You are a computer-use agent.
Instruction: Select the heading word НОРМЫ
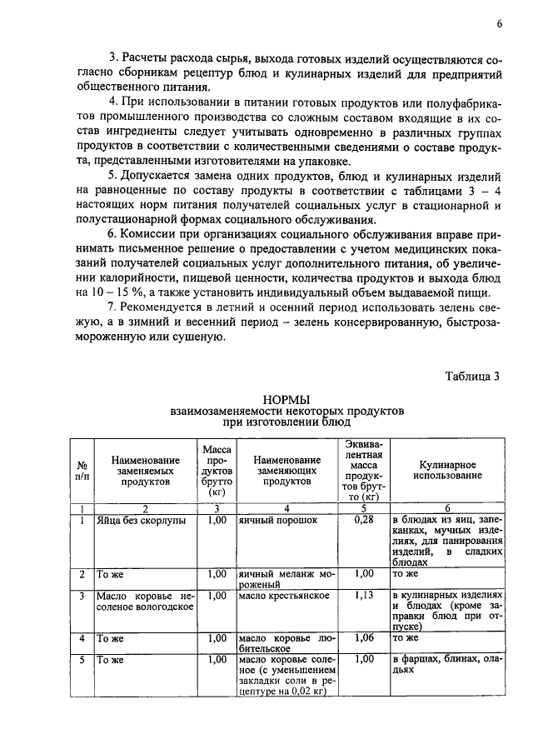286,400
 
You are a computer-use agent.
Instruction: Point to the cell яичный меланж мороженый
286,579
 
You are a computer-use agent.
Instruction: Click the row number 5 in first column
82,659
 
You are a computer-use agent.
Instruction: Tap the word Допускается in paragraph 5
162,177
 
